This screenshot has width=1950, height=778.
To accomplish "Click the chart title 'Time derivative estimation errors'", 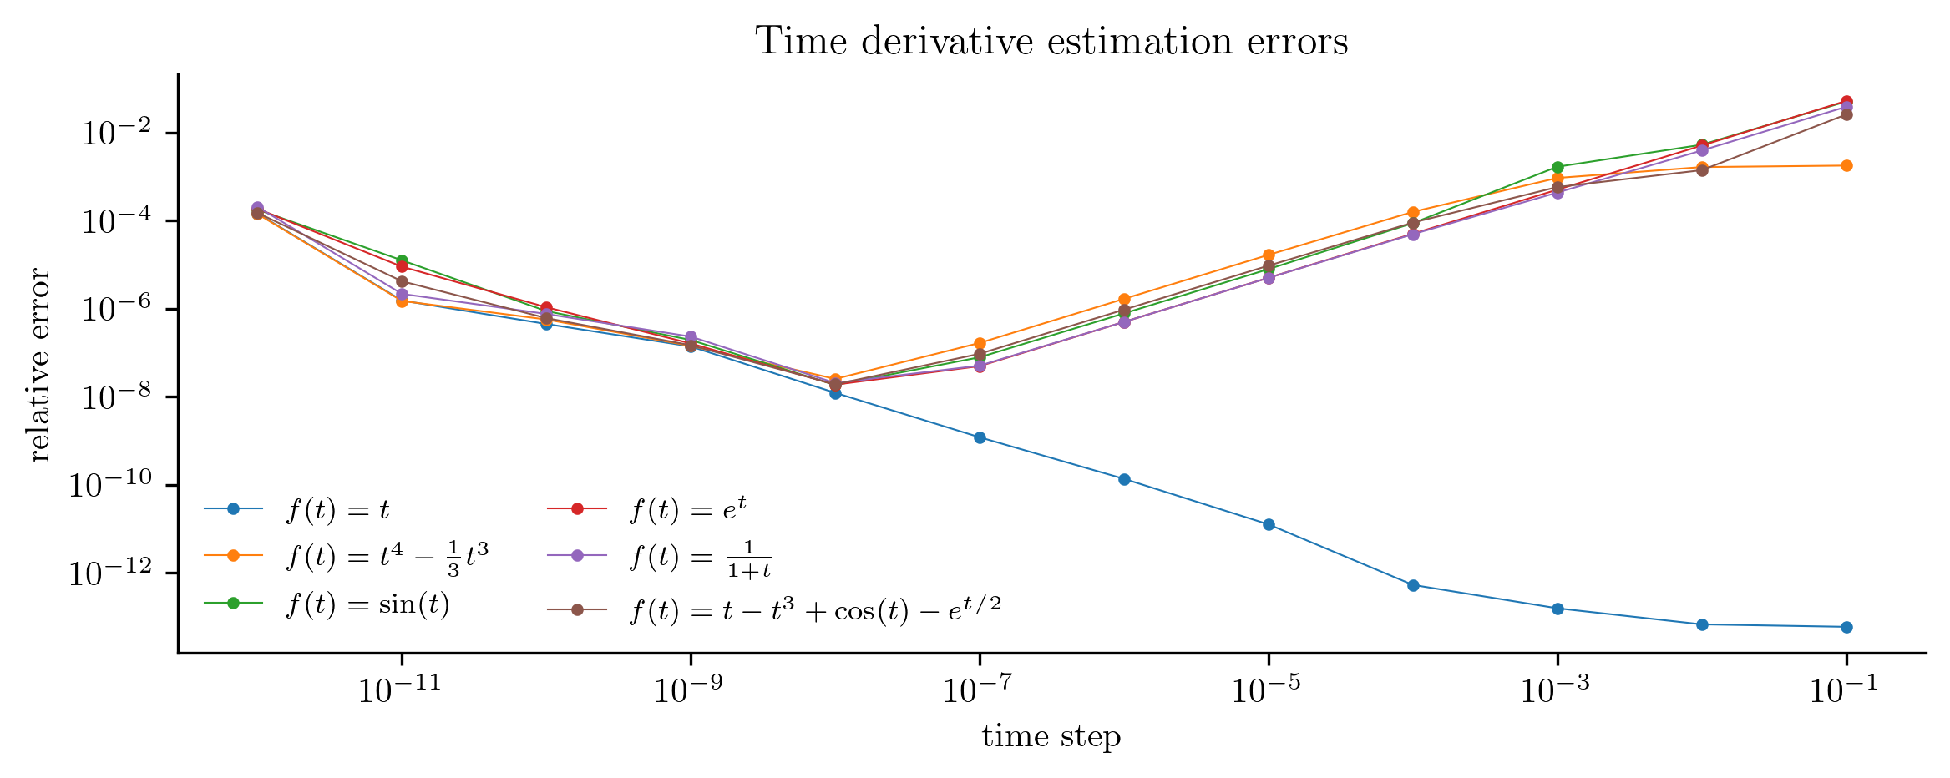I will [1051, 42].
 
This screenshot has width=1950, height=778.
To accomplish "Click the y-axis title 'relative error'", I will [39, 365].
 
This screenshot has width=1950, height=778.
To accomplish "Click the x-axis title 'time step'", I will [1051, 736].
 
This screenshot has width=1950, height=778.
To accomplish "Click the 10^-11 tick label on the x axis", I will [401, 691].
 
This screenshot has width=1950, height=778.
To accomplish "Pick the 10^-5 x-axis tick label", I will [1268, 691].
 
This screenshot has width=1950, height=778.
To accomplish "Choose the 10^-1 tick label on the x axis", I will [1846, 691].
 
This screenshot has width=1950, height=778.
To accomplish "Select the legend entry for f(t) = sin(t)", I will [367, 604].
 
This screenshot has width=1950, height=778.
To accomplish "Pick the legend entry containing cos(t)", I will [814, 611].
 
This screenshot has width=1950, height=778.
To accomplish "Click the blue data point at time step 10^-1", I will [1846, 627].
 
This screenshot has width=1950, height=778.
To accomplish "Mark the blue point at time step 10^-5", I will [1269, 524].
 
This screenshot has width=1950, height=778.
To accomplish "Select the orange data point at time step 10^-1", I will [1846, 165].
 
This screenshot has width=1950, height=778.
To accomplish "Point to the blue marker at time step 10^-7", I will [980, 437].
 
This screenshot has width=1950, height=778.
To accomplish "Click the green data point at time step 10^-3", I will [1557, 167].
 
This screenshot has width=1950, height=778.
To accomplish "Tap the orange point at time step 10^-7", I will [980, 343].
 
